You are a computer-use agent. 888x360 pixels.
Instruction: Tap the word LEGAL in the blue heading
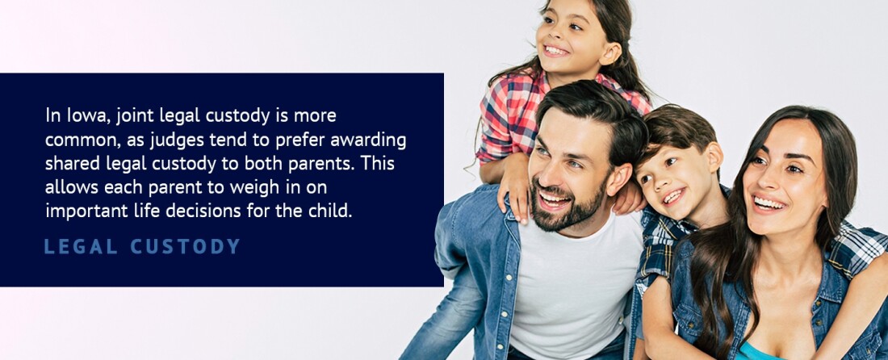(81, 247)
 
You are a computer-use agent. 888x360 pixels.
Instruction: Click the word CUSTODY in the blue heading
(186, 247)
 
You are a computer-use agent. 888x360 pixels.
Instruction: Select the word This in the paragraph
(378, 164)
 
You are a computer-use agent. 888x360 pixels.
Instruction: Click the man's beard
(563, 208)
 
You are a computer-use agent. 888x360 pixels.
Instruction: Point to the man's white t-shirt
(572, 289)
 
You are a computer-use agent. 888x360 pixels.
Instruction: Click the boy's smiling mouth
(674, 196)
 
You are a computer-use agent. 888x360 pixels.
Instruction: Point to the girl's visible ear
(612, 53)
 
